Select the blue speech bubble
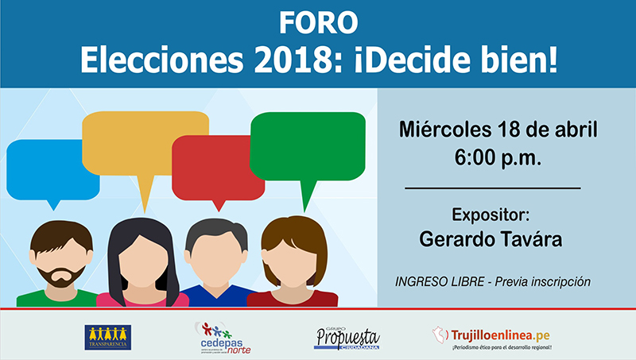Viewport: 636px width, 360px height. (49, 168)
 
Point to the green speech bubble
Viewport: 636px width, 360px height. (307, 145)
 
